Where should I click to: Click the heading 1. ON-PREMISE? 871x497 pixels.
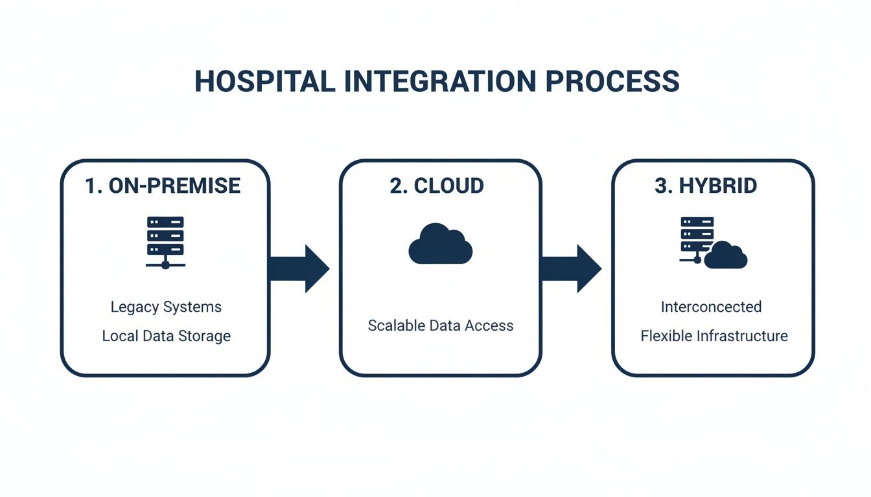pyautogui.click(x=163, y=186)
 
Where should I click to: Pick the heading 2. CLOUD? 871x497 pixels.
pyautogui.click(x=437, y=186)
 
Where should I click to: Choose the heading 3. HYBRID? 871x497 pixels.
pyautogui.click(x=706, y=186)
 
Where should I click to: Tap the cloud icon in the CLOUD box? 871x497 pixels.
pyautogui.click(x=440, y=244)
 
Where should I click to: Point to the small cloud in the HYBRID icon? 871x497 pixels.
pyautogui.click(x=726, y=256)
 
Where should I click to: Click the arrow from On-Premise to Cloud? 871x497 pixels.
pyautogui.click(x=299, y=268)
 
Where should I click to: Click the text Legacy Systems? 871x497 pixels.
pyautogui.click(x=166, y=307)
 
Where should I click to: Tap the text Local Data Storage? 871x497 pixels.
pyautogui.click(x=166, y=337)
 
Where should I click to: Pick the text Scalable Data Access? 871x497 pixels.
pyautogui.click(x=440, y=326)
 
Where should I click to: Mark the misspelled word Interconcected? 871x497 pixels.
pyautogui.click(x=711, y=307)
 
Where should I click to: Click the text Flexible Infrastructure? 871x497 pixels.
pyautogui.click(x=714, y=337)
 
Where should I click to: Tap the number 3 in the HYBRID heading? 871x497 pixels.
pyautogui.click(x=661, y=186)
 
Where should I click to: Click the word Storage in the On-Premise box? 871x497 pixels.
pyautogui.click(x=206, y=337)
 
